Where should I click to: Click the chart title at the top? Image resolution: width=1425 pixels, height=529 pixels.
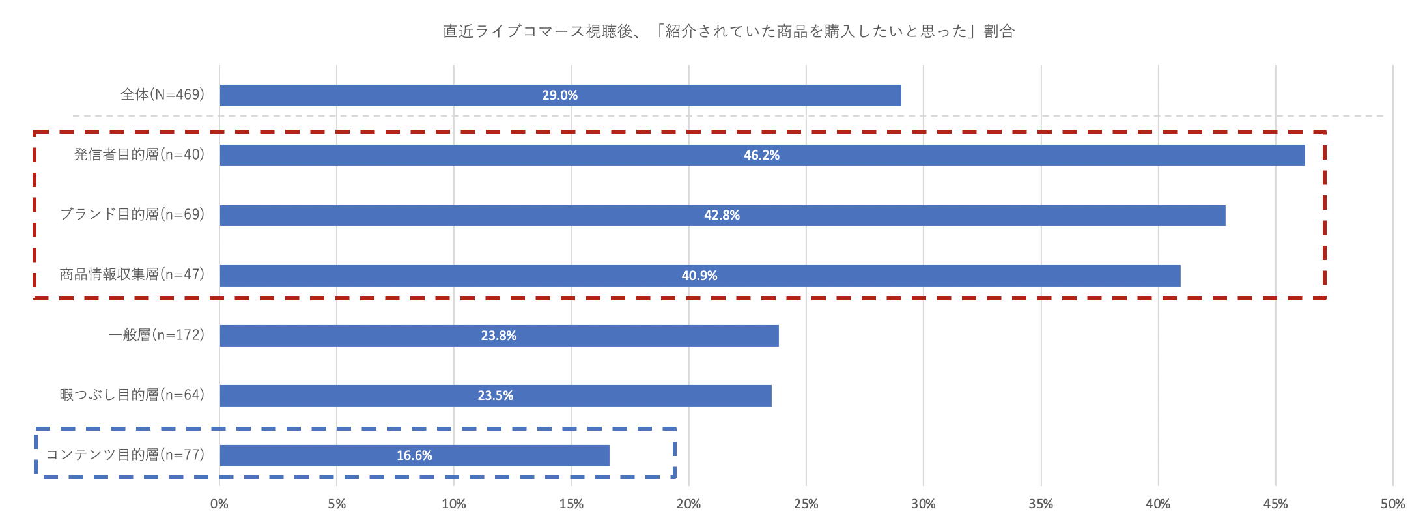(x=728, y=31)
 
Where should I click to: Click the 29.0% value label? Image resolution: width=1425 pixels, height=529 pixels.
(x=559, y=95)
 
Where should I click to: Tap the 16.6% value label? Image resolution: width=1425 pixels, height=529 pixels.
(x=414, y=455)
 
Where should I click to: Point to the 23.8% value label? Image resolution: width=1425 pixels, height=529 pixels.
(x=498, y=336)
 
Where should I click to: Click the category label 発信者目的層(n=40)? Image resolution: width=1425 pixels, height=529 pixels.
(x=139, y=154)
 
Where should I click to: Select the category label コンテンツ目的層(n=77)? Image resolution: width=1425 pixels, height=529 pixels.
(x=125, y=455)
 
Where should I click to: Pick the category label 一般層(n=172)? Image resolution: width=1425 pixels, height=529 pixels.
(x=156, y=335)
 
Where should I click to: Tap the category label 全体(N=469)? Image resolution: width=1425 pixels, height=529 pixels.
(x=162, y=94)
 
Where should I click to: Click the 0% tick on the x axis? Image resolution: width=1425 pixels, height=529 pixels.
(x=219, y=504)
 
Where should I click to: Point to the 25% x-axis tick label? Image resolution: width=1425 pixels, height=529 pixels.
(x=806, y=504)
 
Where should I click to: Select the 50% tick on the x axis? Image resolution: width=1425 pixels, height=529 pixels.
(x=1392, y=504)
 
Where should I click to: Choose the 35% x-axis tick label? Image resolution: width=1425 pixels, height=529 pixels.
(x=1041, y=504)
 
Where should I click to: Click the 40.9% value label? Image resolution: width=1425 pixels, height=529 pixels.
(x=699, y=276)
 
